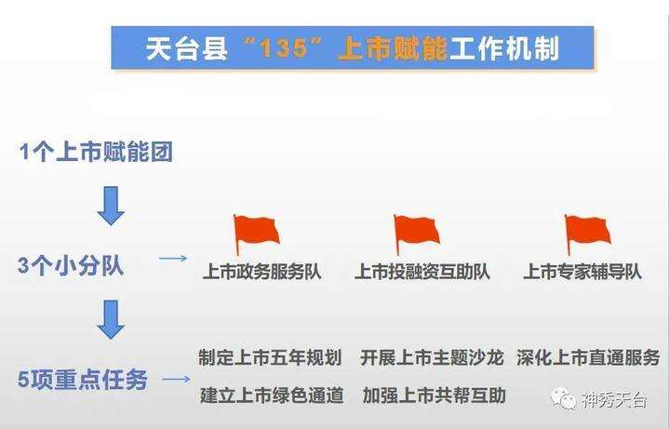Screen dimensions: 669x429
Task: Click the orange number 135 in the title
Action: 284,47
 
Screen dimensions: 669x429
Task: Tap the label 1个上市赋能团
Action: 96,152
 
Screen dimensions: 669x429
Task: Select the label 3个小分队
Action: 71,265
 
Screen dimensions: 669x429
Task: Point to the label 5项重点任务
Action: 83,379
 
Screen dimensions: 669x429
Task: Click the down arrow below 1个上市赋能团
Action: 111,206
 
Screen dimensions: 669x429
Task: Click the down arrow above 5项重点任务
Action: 111,319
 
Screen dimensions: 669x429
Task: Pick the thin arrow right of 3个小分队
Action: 173,259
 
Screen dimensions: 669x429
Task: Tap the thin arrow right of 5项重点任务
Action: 177,379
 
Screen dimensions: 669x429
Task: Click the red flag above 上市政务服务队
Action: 256,235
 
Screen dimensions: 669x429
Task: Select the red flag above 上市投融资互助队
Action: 416,235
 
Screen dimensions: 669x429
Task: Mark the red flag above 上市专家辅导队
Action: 587,235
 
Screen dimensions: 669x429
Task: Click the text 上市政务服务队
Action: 262,272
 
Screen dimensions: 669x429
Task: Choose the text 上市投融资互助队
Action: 422,272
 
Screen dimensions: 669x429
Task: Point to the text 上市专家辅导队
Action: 582,272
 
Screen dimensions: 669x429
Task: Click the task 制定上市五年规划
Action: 270,357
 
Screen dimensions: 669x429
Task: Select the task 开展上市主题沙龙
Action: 432,357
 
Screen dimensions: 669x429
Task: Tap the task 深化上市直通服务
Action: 588,357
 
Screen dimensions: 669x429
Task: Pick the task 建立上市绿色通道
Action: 272,395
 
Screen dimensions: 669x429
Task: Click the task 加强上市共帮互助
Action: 435,395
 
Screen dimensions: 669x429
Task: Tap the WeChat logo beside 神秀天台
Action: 563,398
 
